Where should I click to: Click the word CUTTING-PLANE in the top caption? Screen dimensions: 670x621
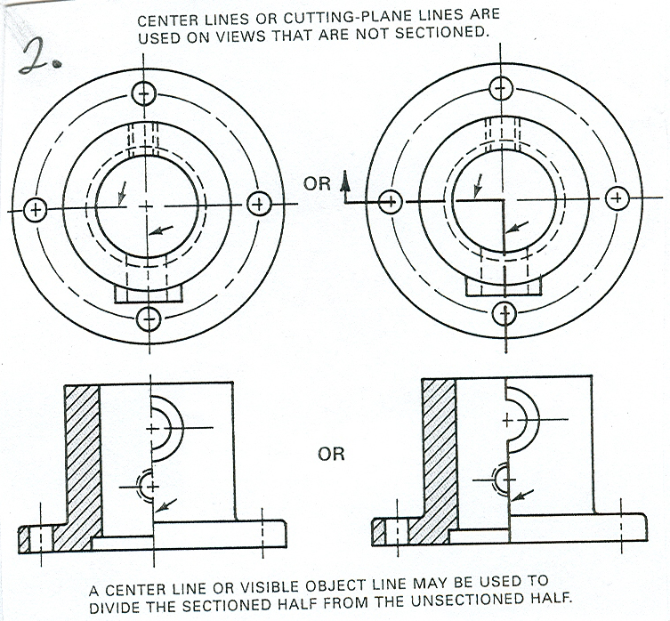[335, 17]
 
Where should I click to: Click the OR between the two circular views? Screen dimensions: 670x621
[317, 184]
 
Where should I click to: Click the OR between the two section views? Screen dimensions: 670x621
[331, 454]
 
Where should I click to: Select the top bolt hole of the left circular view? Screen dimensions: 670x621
[144, 93]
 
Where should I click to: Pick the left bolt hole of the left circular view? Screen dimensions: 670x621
[36, 210]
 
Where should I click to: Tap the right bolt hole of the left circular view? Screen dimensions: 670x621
[259, 204]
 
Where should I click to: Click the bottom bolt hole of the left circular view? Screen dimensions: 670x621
[149, 319]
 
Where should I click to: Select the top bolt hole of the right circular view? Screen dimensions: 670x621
[501, 88]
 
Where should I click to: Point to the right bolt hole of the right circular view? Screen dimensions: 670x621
[617, 198]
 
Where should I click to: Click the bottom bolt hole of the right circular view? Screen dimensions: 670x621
[505, 314]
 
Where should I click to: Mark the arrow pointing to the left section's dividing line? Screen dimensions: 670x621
[165, 505]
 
